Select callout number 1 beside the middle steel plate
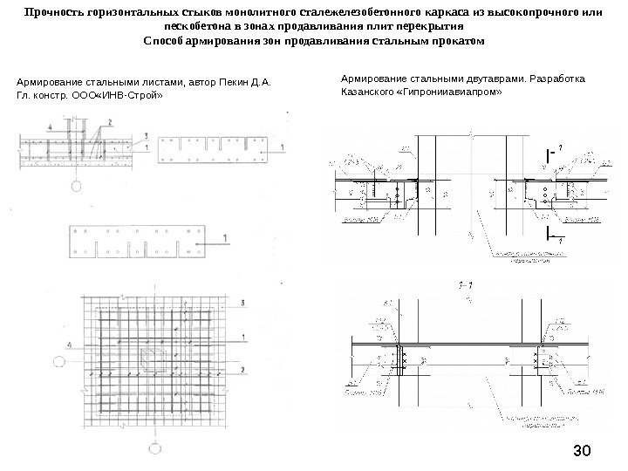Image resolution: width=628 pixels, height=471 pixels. point(226,237)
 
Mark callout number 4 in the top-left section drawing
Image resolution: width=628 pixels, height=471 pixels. point(52,127)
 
